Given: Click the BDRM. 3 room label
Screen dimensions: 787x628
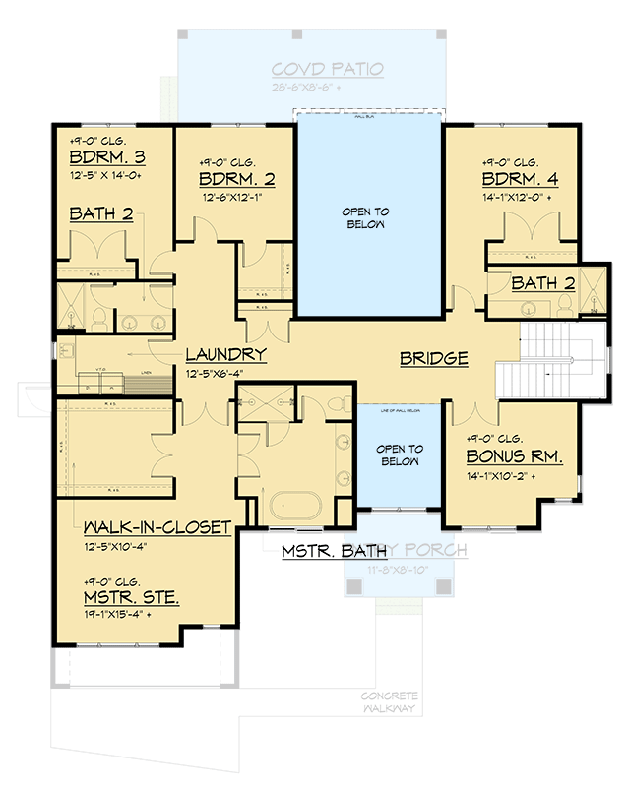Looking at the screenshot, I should point(106,157).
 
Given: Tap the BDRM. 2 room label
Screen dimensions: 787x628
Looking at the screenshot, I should point(235,179).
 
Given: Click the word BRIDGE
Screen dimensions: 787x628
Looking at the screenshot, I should point(433,359).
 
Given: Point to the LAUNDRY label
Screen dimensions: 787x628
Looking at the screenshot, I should point(226,354).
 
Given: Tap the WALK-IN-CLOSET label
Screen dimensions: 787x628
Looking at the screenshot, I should point(157,526).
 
